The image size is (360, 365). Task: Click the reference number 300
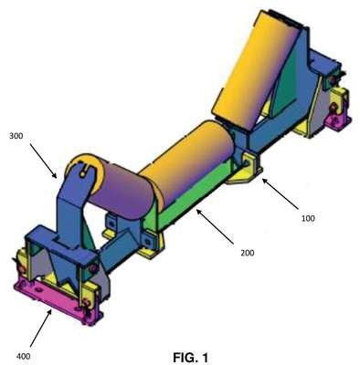[16, 136]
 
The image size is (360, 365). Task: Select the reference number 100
[308, 218]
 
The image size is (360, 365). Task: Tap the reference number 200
[248, 253]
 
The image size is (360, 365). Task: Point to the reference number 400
[24, 356]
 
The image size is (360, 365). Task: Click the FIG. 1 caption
[191, 357]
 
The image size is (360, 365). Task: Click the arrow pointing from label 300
[43, 161]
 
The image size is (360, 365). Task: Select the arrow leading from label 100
[281, 194]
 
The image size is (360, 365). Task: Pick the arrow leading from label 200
[215, 226]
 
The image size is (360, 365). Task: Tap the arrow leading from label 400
[41, 327]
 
